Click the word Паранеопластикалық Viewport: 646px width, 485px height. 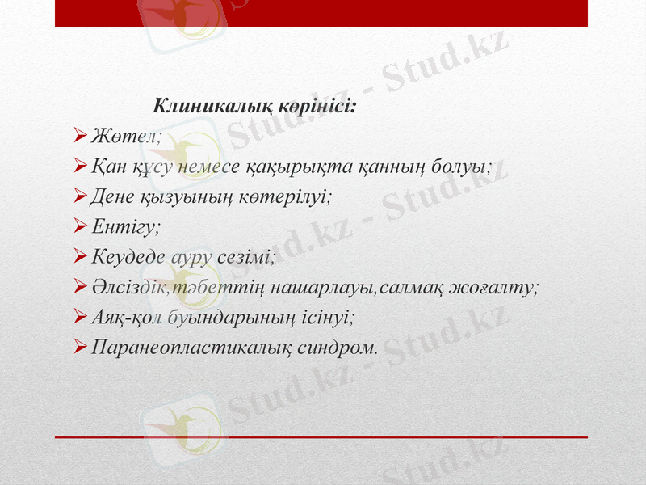191,348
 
